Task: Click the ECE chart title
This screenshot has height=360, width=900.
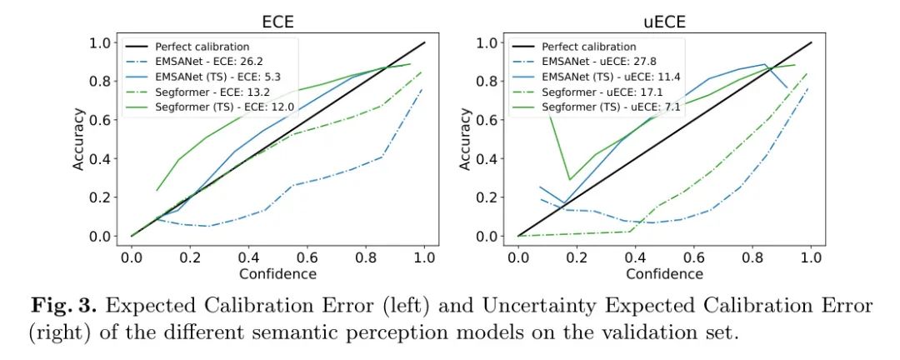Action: coord(277,18)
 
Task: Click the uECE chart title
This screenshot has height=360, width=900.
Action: coord(664,18)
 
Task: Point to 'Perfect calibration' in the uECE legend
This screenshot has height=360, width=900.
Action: coord(588,47)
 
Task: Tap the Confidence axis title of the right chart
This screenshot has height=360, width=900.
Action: coord(664,273)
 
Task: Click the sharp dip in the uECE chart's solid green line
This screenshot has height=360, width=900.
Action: coord(569,179)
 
